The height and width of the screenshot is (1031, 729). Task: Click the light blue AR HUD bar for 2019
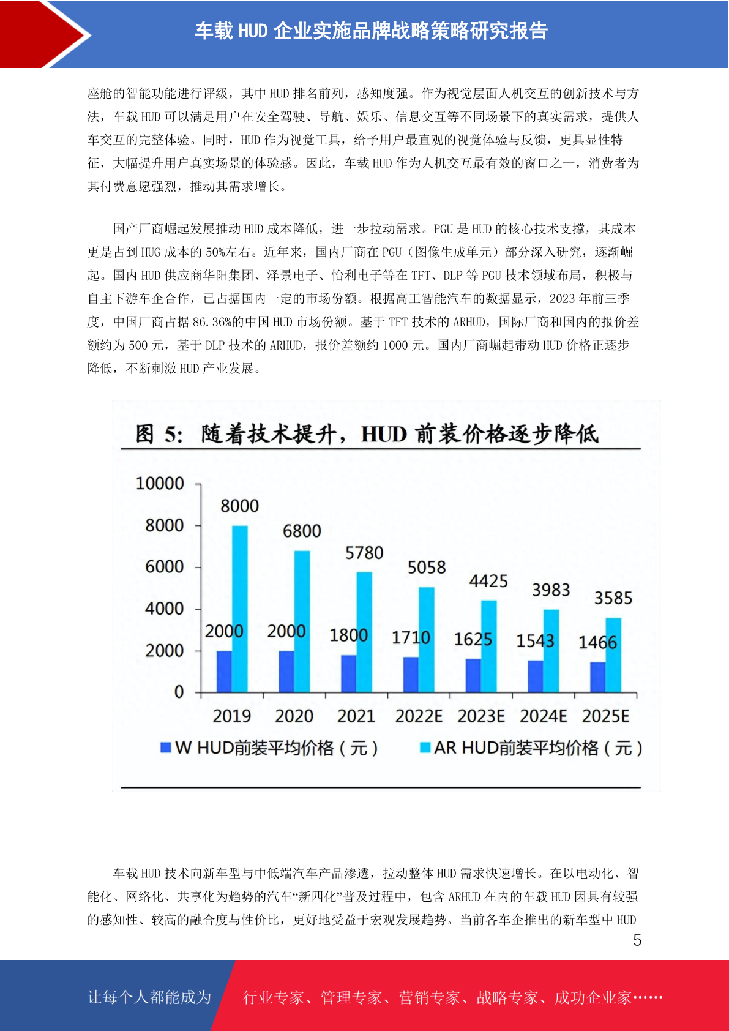pyautogui.click(x=240, y=609)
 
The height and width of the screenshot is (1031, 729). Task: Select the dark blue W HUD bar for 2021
pyautogui.click(x=348, y=673)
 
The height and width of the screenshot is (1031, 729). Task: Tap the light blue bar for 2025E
pyautogui.click(x=613, y=655)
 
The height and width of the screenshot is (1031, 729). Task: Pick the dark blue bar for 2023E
pyautogui.click(x=473, y=675)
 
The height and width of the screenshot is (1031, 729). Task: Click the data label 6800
pyautogui.click(x=302, y=531)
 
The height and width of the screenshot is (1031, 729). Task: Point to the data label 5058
pyautogui.click(x=427, y=568)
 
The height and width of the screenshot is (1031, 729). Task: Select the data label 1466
pyautogui.click(x=597, y=642)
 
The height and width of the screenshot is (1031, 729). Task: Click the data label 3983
pyautogui.click(x=551, y=590)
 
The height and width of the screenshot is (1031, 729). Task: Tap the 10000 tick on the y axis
pyautogui.click(x=160, y=484)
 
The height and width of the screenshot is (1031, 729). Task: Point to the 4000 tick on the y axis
pyautogui.click(x=164, y=609)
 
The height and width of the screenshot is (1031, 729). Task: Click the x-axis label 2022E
pyautogui.click(x=418, y=716)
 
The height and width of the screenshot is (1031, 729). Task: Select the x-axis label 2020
pyautogui.click(x=294, y=716)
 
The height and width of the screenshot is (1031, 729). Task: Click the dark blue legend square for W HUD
pyautogui.click(x=166, y=748)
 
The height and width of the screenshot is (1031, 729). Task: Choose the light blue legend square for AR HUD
pyautogui.click(x=425, y=748)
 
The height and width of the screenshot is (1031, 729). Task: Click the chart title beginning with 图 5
pyautogui.click(x=367, y=433)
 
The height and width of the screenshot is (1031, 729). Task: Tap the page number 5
pyautogui.click(x=637, y=940)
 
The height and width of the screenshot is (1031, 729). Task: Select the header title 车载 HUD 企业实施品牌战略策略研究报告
pyautogui.click(x=371, y=31)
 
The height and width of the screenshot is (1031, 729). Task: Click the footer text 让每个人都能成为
pyautogui.click(x=149, y=997)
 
